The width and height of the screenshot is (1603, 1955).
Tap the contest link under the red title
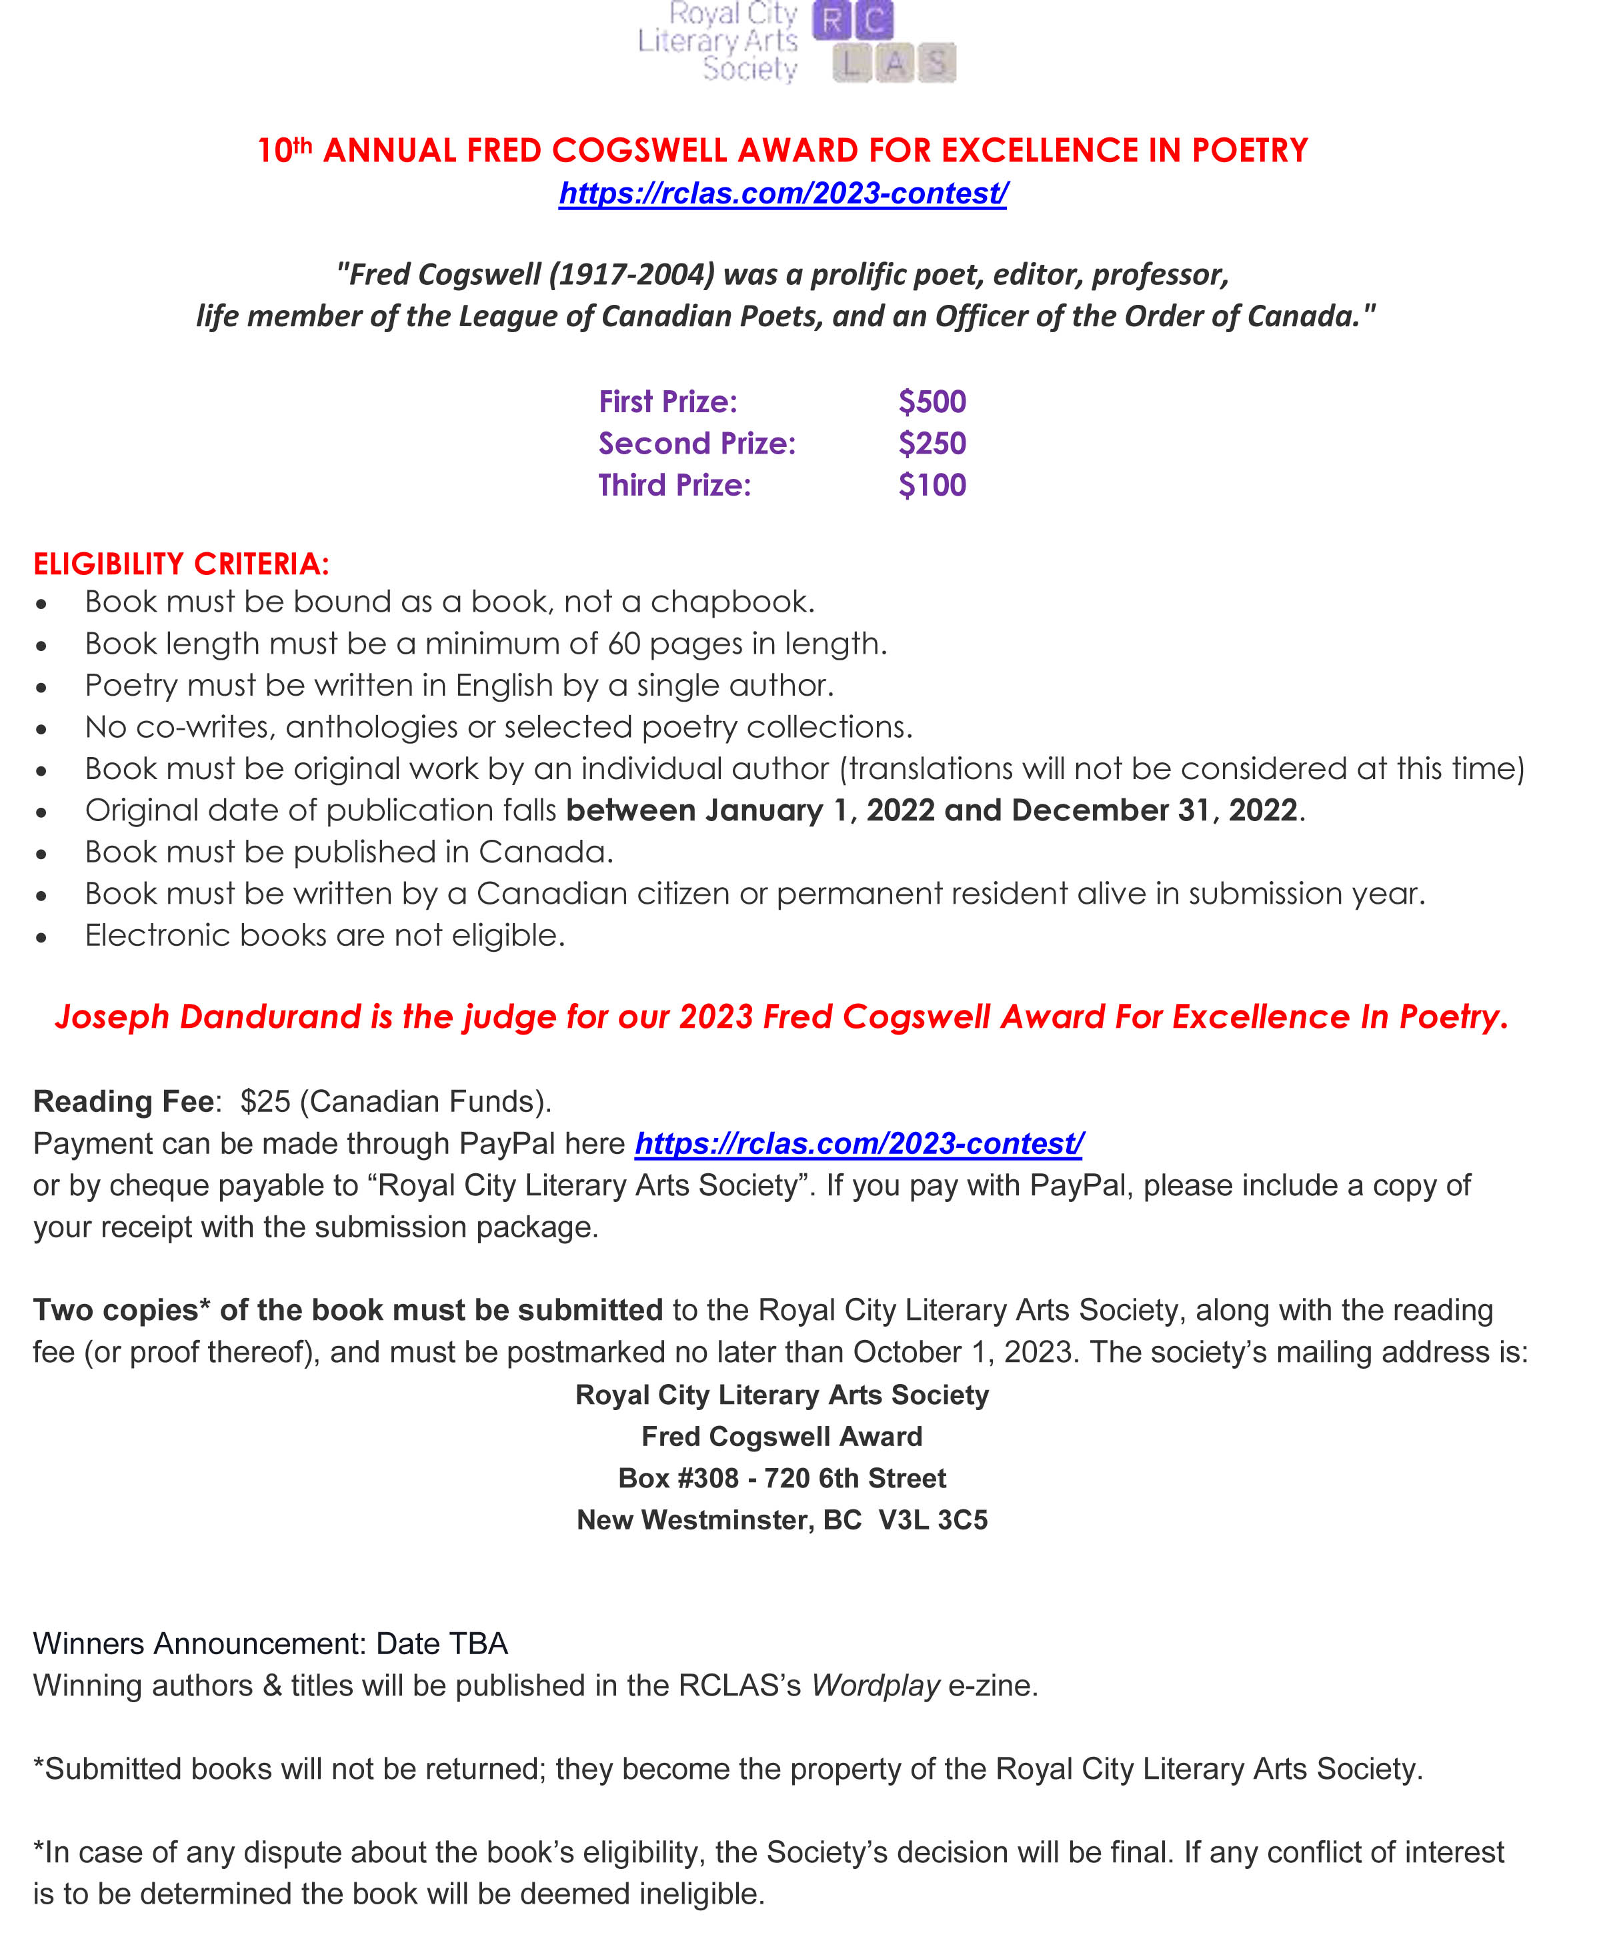click(x=782, y=193)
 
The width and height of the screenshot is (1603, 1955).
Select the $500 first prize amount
click(x=932, y=402)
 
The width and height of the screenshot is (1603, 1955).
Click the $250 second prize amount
click(x=932, y=444)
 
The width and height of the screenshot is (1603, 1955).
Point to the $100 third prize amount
click(x=932, y=485)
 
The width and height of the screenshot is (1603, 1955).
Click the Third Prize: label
click(x=674, y=485)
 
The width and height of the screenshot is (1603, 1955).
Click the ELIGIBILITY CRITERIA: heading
click(x=181, y=564)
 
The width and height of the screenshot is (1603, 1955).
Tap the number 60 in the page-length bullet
click(x=624, y=644)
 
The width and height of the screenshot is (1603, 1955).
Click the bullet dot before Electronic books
click(x=41, y=937)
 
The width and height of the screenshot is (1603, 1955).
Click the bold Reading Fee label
click(x=124, y=1101)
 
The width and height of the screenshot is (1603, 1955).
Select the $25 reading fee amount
click(x=265, y=1101)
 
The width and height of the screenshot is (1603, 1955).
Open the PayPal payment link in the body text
click(x=859, y=1143)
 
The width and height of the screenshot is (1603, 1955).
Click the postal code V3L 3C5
click(x=933, y=1519)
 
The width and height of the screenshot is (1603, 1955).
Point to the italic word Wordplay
click(x=876, y=1686)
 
